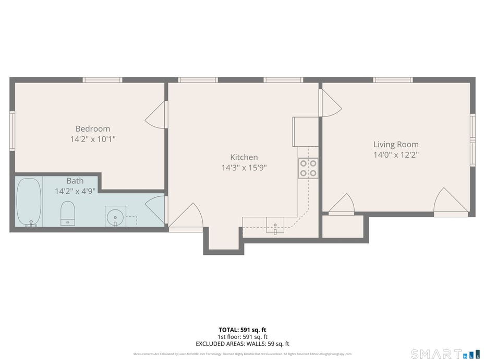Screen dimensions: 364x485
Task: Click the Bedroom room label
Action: pyautogui.click(x=93, y=128)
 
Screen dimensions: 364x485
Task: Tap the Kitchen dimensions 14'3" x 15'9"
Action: pyautogui.click(x=244, y=168)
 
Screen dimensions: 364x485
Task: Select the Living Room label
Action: pyautogui.click(x=396, y=144)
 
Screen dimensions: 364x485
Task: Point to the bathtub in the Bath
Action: pyautogui.click(x=28, y=202)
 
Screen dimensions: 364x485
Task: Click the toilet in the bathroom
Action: pyautogui.click(x=68, y=213)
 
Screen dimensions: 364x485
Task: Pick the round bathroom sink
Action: pyautogui.click(x=115, y=216)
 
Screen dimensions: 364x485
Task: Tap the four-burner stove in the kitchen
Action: pyautogui.click(x=308, y=168)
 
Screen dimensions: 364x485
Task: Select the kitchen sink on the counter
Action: pyautogui.click(x=275, y=225)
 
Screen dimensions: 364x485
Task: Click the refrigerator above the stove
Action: pyautogui.click(x=306, y=132)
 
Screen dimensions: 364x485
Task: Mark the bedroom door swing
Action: pyautogui.click(x=156, y=115)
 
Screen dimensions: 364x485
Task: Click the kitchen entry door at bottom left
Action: pyautogui.click(x=186, y=217)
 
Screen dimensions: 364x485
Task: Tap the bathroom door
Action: pyautogui.click(x=156, y=209)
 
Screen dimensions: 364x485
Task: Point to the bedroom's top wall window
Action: pyautogui.click(x=102, y=80)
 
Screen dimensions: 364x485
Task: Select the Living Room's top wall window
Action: pyautogui.click(x=393, y=80)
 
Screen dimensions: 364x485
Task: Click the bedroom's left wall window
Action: pyautogui.click(x=12, y=131)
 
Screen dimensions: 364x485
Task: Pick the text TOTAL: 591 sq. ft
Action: pyautogui.click(x=242, y=330)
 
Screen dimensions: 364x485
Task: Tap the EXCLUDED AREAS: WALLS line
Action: pyautogui.click(x=242, y=344)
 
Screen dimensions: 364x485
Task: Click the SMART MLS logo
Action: pyautogui.click(x=445, y=354)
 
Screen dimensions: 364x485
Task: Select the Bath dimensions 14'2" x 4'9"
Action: pyautogui.click(x=75, y=191)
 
